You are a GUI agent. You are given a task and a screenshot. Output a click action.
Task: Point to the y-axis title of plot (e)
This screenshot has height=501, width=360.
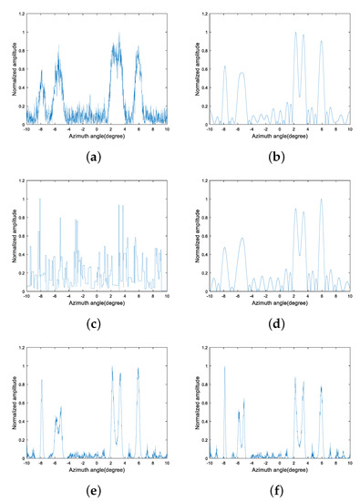12,404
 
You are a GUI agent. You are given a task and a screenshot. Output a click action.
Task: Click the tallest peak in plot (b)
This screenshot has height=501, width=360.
295,33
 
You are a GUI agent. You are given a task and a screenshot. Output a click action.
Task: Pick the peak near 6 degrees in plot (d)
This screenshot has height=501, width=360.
321,199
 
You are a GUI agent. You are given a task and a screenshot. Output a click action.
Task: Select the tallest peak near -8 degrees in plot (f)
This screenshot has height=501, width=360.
224,367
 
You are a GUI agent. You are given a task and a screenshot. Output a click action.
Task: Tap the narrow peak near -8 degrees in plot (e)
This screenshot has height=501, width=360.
41,379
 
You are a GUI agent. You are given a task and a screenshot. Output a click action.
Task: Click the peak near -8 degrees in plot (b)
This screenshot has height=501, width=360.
224,66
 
